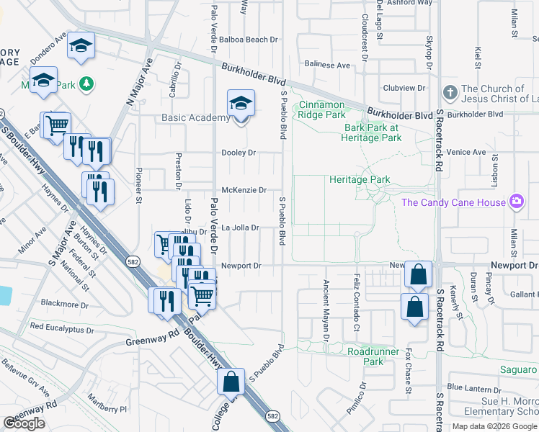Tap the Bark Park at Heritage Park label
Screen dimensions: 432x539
(x=370, y=132)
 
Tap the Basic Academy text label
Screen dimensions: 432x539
(x=195, y=118)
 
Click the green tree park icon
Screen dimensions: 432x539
(x=86, y=84)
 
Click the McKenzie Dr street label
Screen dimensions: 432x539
(x=244, y=190)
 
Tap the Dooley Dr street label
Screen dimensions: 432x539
(x=239, y=153)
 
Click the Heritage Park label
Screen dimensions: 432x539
(x=359, y=179)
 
